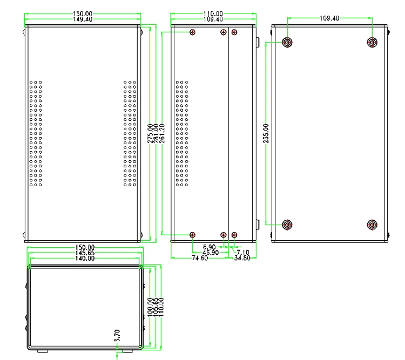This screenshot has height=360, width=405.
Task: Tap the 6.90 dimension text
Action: pos(210,247)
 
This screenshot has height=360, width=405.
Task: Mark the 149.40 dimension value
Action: pos(82,19)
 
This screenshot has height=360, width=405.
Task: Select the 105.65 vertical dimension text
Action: pos(156,307)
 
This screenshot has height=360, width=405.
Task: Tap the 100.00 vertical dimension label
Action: pos(150,307)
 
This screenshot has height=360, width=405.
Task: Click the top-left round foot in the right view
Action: pos(288,42)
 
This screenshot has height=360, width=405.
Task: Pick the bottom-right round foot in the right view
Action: pos(372,225)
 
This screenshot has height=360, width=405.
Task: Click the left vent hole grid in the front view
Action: pos(36,134)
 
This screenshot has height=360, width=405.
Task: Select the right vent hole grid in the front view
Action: pos(130,134)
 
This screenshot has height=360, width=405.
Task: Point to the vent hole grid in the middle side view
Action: pos(182,134)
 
